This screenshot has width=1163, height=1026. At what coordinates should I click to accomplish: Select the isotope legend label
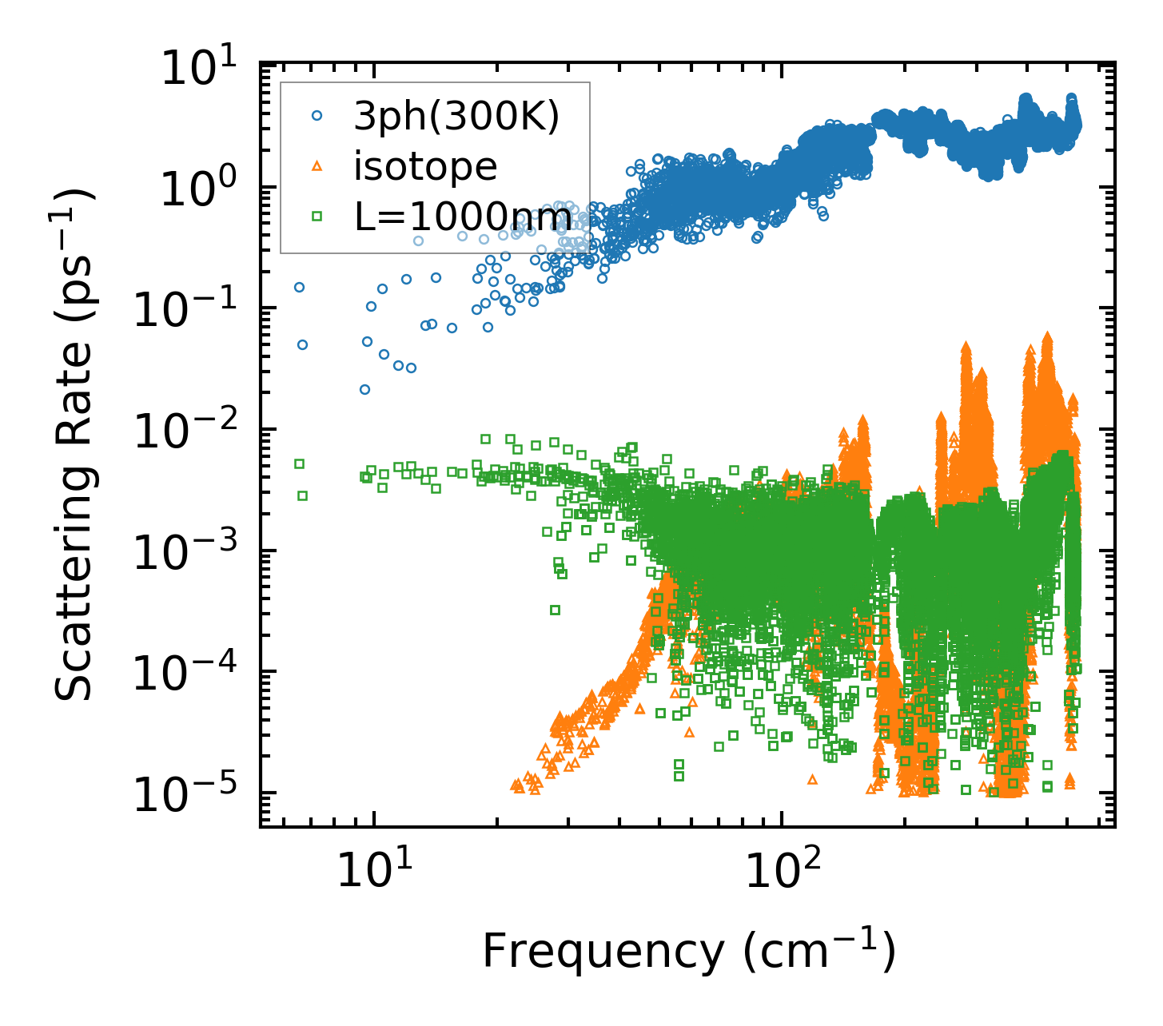coord(425,166)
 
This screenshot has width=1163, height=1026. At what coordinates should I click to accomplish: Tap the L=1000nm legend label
coord(463,216)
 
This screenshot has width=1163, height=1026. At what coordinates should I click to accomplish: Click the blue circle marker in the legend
coord(317,117)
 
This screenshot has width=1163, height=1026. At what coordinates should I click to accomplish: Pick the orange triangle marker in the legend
coord(317,166)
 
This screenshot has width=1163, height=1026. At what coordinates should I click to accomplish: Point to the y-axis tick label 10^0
coord(203,190)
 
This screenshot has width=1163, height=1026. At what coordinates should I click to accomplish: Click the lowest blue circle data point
coord(364,390)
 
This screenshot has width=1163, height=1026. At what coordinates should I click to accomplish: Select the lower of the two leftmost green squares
coord(302,496)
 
